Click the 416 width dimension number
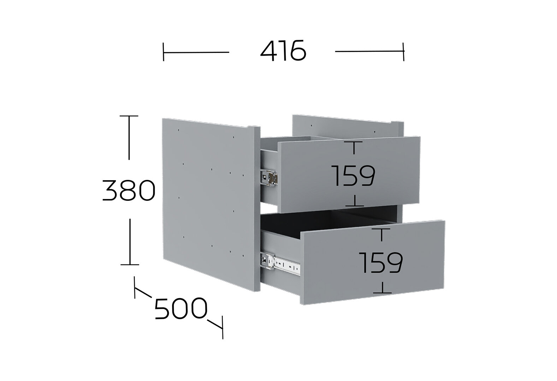coord(283,51)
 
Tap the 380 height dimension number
coord(129,190)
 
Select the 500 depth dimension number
coord(181,309)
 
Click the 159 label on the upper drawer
coord(354,176)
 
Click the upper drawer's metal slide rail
coord(269,177)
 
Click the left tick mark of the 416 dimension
coord(164,52)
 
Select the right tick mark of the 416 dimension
coord(403,52)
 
